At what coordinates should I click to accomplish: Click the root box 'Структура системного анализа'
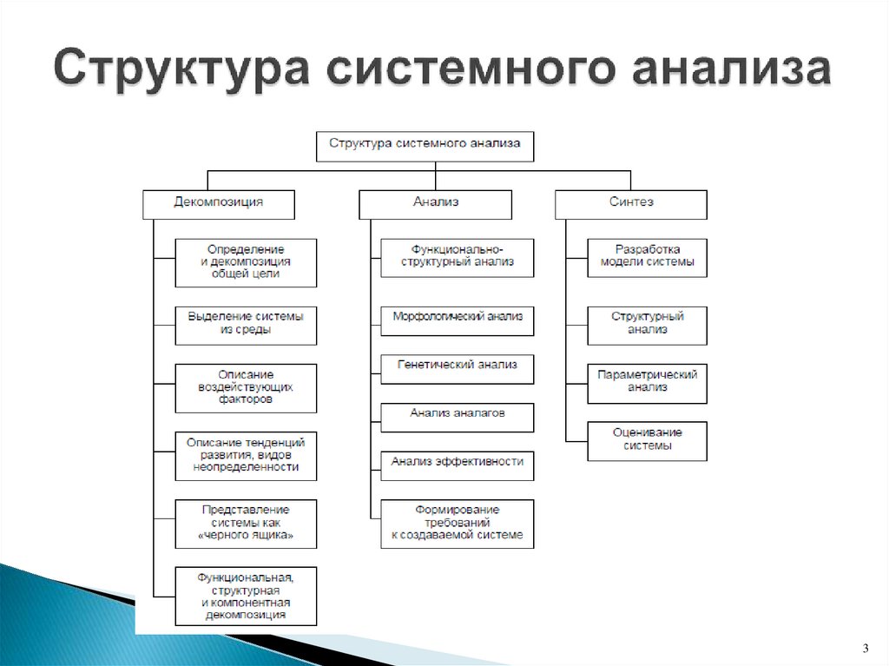pos(425,146)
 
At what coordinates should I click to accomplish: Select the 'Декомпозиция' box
pos(219,203)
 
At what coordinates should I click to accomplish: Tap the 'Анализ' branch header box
pos(435,203)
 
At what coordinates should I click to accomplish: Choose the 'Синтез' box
pos(631,203)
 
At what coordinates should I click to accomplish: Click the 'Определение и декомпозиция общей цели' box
pos(246,262)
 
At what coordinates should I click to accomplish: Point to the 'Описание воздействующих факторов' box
pos(246,388)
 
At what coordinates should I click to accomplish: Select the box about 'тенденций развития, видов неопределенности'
pos(246,455)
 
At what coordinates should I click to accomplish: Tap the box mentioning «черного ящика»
pos(246,524)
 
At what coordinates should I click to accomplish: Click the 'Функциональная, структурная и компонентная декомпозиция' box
pos(246,596)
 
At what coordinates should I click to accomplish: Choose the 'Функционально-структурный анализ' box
pos(458,257)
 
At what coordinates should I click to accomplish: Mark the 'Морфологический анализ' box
pos(458,320)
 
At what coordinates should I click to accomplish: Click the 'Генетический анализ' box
pos(458,367)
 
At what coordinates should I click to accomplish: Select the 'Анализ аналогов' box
pos(458,416)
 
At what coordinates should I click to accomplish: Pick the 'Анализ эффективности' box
pos(458,465)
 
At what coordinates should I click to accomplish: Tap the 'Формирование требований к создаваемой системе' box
pos(458,524)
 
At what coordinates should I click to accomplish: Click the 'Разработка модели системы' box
pos(647,257)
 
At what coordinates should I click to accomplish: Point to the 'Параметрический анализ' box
pos(647,382)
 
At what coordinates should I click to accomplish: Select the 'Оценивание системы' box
pos(647,440)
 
